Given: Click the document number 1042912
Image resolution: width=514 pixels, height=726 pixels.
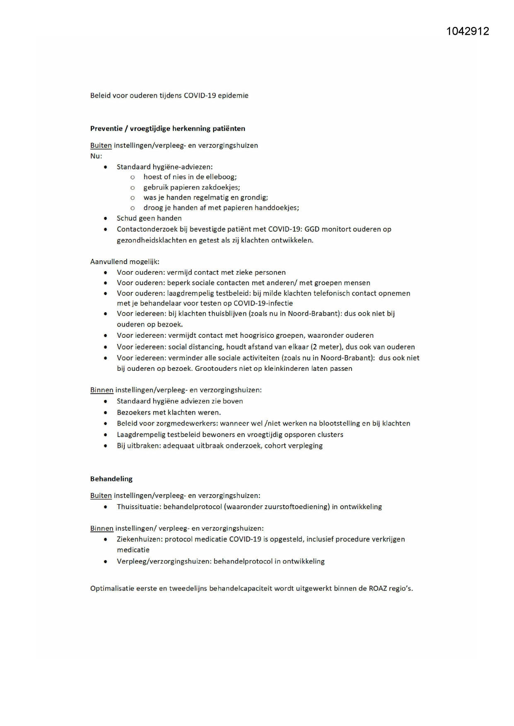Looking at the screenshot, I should pyautogui.click(x=468, y=31).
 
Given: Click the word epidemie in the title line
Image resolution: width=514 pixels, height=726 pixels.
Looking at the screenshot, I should pyautogui.click(x=233, y=96).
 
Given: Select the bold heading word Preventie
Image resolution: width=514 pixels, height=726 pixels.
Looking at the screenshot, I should pyautogui.click(x=106, y=129).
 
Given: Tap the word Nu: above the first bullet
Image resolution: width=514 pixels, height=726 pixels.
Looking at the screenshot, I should pyautogui.click(x=96, y=156).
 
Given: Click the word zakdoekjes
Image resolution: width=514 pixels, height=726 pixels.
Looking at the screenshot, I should pyautogui.click(x=221, y=188).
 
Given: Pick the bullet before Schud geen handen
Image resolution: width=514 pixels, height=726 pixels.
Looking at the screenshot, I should pyautogui.click(x=106, y=219).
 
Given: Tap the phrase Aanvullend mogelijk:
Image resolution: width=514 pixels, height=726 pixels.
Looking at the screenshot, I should pyautogui.click(x=125, y=262).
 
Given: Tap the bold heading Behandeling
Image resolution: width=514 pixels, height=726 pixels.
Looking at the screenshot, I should pyautogui.click(x=111, y=479).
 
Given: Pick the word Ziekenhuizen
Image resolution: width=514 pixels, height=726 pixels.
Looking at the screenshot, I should pyautogui.click(x=139, y=539).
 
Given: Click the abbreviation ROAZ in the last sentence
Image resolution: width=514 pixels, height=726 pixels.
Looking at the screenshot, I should pyautogui.click(x=378, y=588).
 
